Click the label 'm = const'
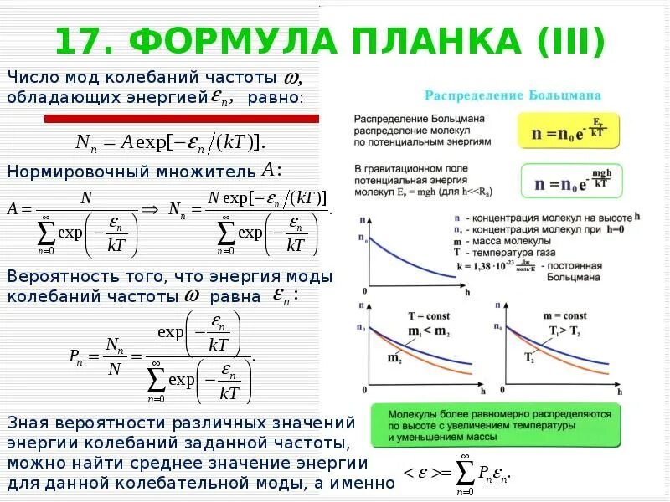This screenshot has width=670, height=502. coord(564,316)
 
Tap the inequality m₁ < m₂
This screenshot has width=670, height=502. coord(427,331)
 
